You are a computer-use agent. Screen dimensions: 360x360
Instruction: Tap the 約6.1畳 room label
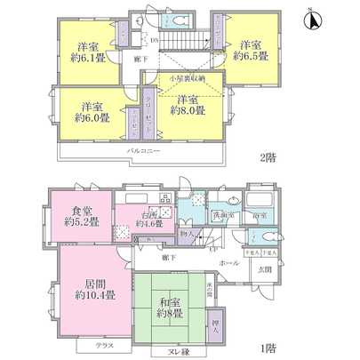point(87,52)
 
